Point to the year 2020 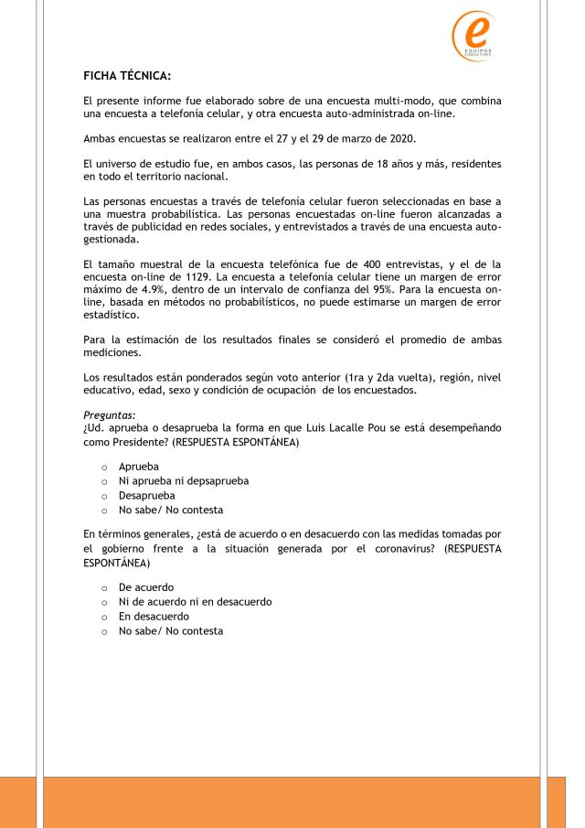click(x=400, y=138)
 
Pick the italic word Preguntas click(x=109, y=415)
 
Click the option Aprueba click(x=139, y=467)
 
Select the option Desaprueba click(x=148, y=495)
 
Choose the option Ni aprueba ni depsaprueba click(x=184, y=480)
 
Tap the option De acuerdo click(x=146, y=587)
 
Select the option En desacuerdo click(x=154, y=616)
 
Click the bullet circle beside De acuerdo click(x=105, y=588)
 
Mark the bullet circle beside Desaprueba click(x=105, y=496)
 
